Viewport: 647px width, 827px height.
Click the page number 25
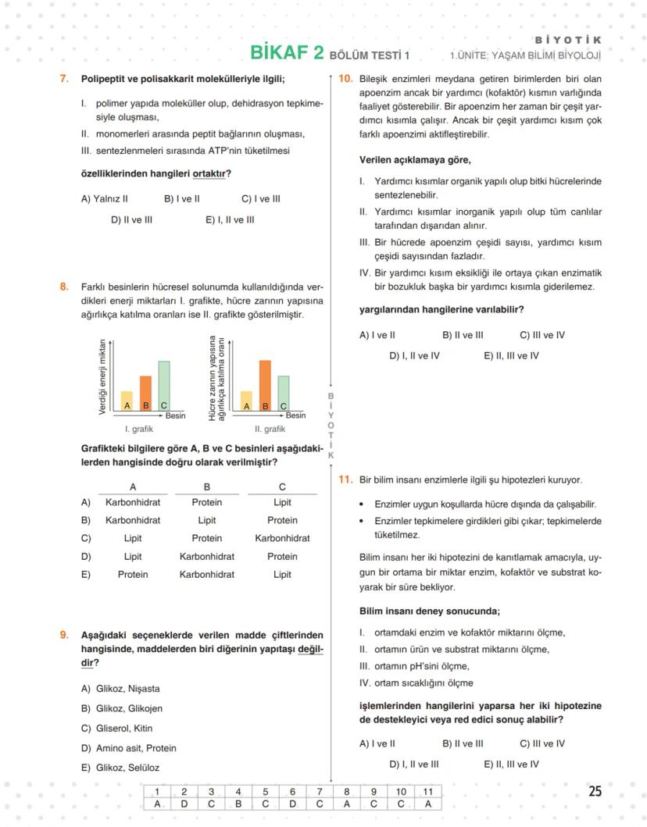tap(595, 791)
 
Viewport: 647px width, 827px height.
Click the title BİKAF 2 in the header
tap(286, 52)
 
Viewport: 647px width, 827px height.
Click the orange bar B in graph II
tap(265, 385)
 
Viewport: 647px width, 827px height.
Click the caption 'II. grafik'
tap(270, 429)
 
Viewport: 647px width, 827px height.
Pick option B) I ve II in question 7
tap(181, 199)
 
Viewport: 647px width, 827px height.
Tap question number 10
tap(345, 79)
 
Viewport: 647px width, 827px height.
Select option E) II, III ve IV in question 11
tap(511, 765)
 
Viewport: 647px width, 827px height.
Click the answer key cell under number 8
tap(346, 804)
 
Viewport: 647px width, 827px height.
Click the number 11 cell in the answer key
tap(427, 791)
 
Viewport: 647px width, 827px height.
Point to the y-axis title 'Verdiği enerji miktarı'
tap(102, 377)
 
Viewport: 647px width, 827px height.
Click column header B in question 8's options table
tap(206, 487)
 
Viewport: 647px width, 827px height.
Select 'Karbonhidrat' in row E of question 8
tap(206, 575)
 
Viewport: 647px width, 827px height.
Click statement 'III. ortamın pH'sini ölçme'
tap(414, 666)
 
